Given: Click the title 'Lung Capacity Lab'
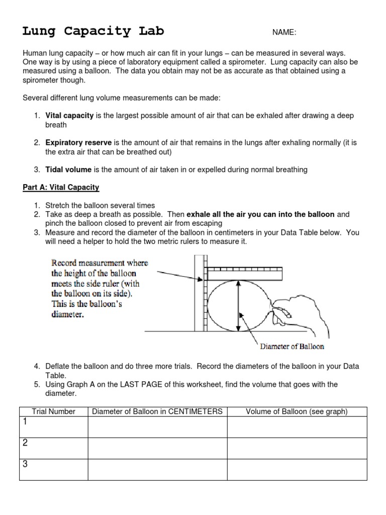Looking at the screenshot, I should click(93, 31).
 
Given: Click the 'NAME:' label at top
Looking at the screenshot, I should click(284, 33).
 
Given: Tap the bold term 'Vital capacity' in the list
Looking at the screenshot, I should click(69, 116).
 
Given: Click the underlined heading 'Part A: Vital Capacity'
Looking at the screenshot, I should click(61, 188).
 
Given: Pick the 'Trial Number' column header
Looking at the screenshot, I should click(53, 412).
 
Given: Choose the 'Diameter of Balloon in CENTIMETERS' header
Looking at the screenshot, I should click(157, 412).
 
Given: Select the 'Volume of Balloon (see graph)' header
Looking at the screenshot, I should click(297, 412).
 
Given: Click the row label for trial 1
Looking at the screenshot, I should click(24, 421).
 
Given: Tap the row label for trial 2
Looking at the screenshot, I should click(24, 443).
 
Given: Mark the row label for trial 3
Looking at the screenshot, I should click(24, 464).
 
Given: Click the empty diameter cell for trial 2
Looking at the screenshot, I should click(157, 448).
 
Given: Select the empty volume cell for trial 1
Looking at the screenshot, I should click(297, 427).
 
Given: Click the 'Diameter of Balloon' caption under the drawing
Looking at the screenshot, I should click(292, 347).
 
